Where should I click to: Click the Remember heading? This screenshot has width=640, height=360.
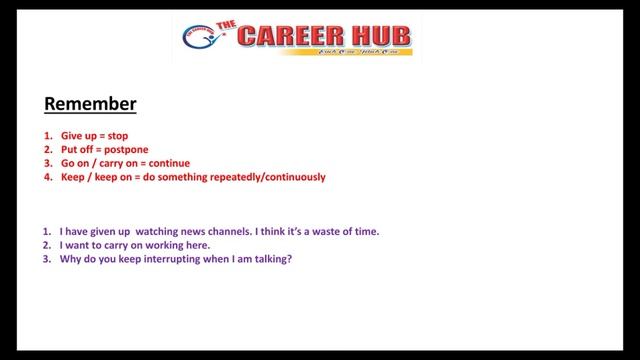[90, 104]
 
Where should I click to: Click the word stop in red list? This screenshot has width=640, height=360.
[116, 135]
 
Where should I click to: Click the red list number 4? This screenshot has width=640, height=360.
[47, 177]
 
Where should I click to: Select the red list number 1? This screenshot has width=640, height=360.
[47, 135]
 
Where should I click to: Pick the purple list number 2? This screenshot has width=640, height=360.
[47, 245]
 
